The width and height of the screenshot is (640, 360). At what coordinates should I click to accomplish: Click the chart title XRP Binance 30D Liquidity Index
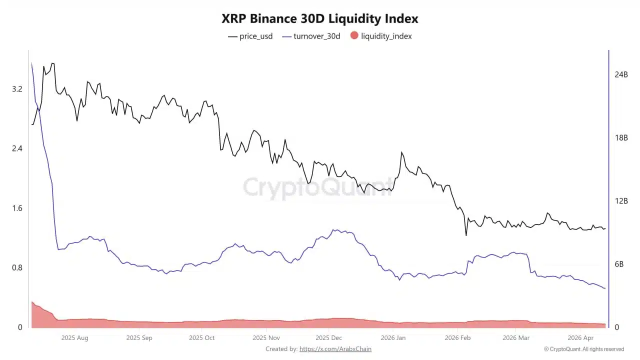(320, 19)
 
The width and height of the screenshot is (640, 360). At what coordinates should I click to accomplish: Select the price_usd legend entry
(250, 36)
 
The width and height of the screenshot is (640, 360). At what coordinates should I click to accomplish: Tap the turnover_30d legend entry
(311, 36)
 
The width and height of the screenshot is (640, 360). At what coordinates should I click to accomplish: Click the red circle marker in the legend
(354, 35)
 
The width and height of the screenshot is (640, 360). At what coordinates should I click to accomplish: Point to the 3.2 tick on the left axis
(17, 89)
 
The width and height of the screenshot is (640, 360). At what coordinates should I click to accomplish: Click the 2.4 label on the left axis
(17, 148)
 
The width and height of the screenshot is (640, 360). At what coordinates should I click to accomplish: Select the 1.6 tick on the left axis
(17, 208)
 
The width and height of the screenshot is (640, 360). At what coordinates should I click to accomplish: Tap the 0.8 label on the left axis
(17, 267)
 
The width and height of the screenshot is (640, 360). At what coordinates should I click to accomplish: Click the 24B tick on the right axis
(621, 74)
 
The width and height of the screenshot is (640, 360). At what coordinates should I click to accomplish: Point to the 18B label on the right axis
(621, 138)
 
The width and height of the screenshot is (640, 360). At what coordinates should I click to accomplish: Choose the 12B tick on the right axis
(621, 201)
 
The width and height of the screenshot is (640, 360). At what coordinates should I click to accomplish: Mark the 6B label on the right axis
(619, 264)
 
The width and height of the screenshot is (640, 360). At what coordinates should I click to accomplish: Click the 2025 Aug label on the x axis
(74, 338)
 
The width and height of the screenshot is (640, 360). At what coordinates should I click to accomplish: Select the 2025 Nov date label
(266, 338)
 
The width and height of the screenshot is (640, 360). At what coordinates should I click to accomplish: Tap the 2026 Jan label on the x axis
(393, 338)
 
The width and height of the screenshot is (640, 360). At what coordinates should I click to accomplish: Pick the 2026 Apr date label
(581, 338)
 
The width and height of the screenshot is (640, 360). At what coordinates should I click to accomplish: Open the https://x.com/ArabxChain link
(335, 349)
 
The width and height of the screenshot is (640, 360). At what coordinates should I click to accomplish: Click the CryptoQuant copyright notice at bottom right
(584, 349)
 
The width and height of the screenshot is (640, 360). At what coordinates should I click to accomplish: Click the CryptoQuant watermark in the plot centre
(318, 187)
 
